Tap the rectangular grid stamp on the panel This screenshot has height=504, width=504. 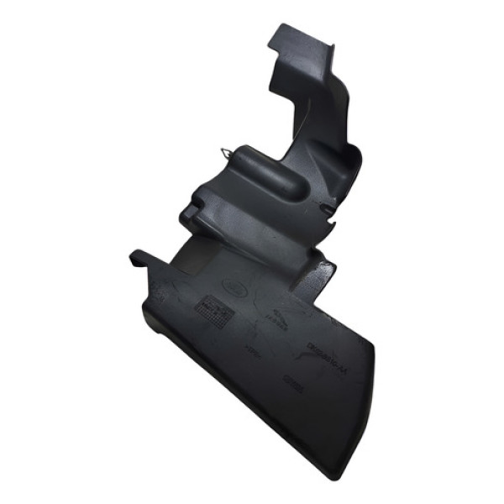click(213, 312)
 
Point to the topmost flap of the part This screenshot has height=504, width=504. click(290, 38)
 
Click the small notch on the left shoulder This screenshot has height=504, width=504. click(192, 202)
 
